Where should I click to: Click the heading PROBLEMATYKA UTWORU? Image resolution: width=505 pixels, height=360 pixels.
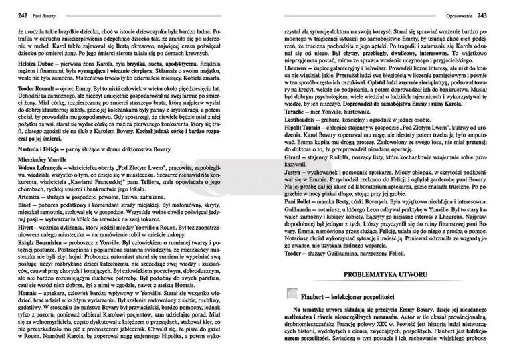point(389,276)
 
